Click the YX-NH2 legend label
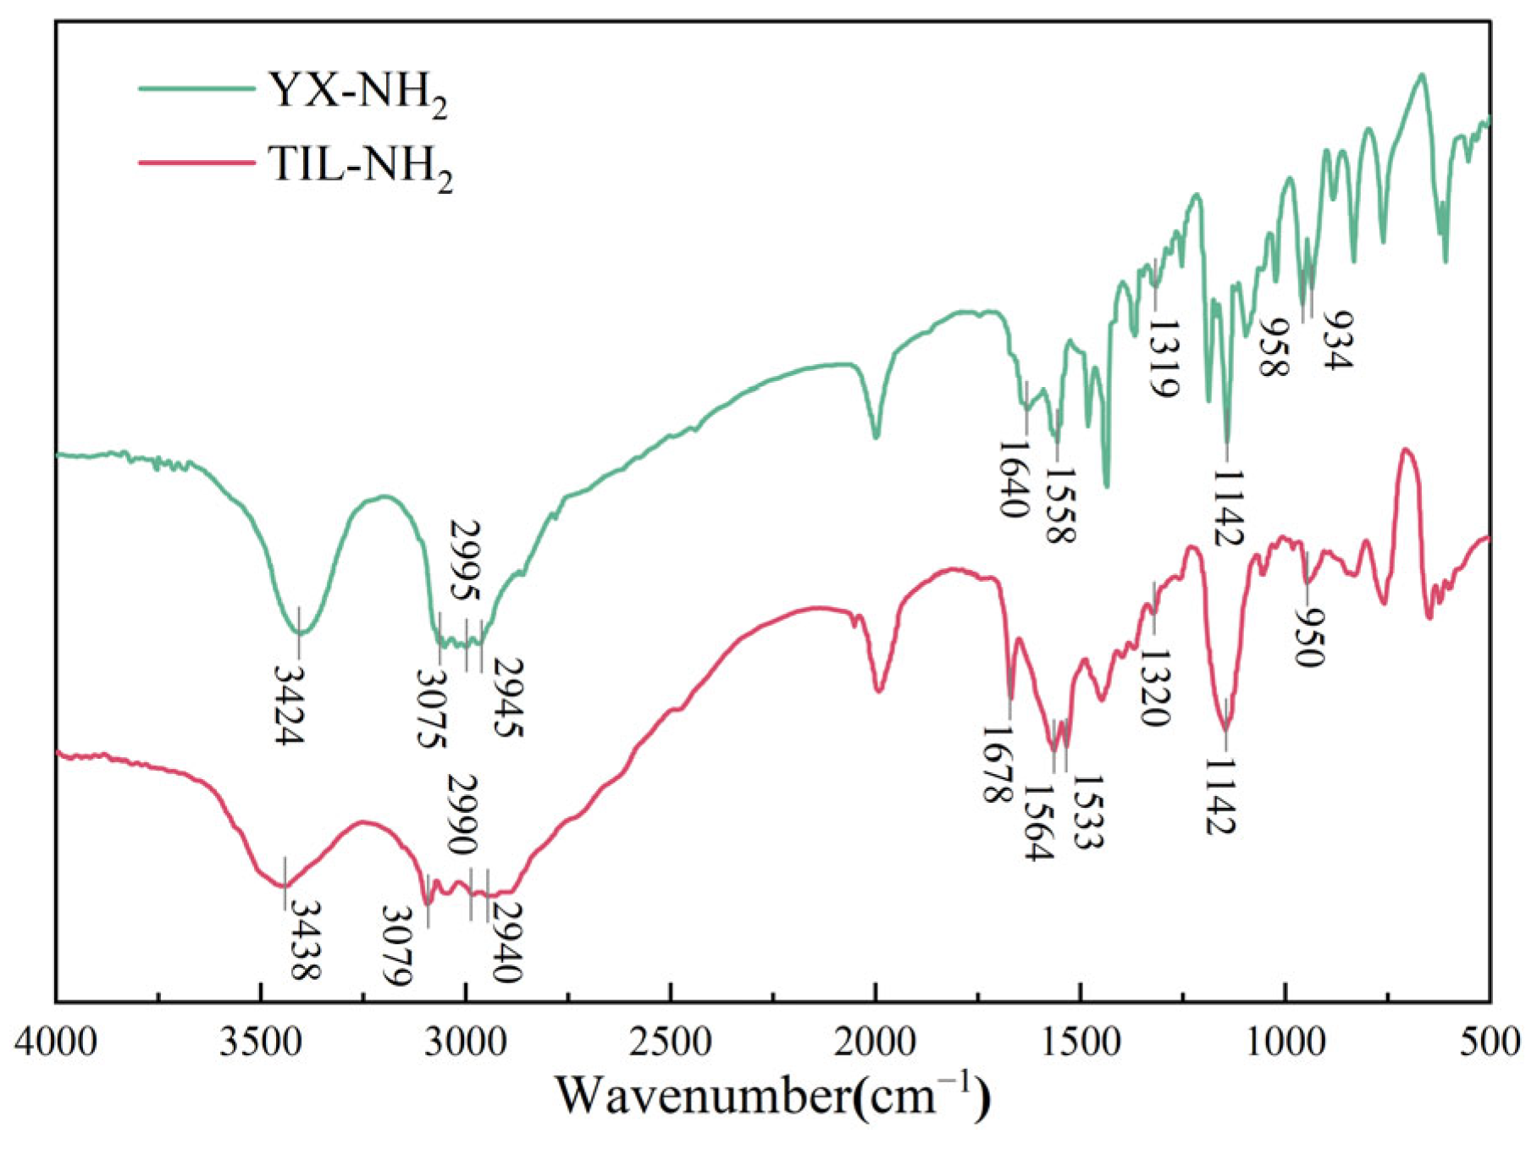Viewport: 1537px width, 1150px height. [x=357, y=91]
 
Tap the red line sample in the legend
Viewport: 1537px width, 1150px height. [x=196, y=162]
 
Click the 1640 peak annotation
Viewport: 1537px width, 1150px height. [x=1013, y=479]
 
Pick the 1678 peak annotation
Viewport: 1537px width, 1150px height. [x=996, y=765]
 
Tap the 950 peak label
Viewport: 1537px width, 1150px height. [x=1308, y=637]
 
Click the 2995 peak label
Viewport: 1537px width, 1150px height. [x=465, y=559]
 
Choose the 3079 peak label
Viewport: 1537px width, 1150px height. [x=395, y=946]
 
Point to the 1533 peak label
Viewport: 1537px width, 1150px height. [x=1088, y=811]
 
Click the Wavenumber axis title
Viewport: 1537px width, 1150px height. [x=771, y=1097]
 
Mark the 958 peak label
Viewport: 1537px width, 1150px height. [x=1272, y=347]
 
